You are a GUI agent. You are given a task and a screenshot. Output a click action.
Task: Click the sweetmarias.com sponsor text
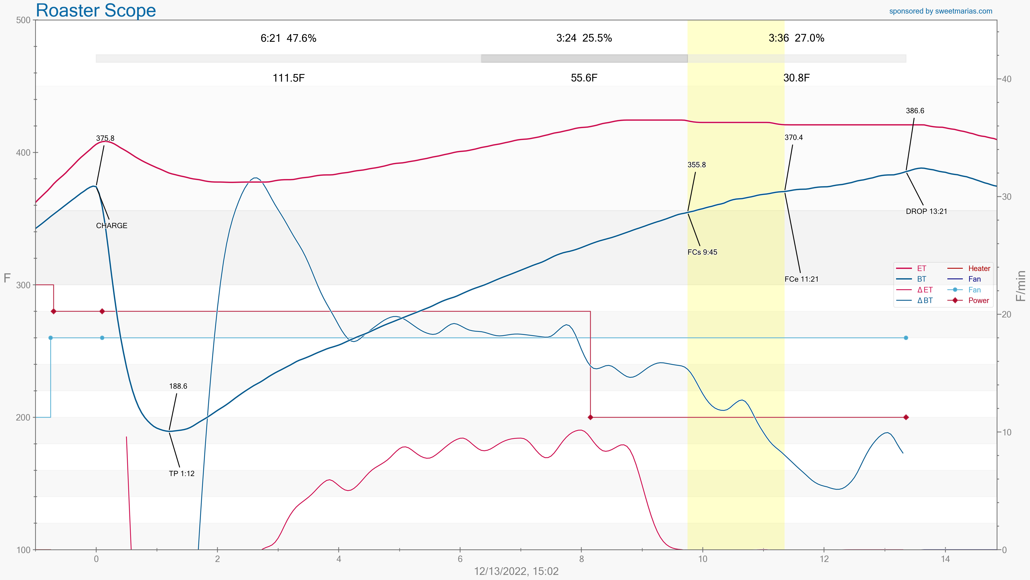[940, 11]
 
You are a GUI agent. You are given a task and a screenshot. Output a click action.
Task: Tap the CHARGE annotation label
[111, 226]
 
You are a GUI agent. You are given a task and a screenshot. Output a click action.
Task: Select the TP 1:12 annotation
[182, 474]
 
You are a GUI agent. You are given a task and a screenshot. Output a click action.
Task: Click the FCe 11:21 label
[801, 279]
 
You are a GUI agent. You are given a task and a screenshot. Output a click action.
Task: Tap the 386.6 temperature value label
[915, 111]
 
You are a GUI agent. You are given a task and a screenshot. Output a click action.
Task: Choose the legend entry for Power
[978, 300]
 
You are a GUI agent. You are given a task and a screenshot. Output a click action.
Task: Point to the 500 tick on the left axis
[23, 20]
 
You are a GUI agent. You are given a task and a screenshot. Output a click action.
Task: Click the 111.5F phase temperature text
[288, 78]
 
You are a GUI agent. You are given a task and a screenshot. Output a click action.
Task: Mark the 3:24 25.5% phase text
[584, 38]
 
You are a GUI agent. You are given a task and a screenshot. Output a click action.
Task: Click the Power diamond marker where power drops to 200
[590, 417]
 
